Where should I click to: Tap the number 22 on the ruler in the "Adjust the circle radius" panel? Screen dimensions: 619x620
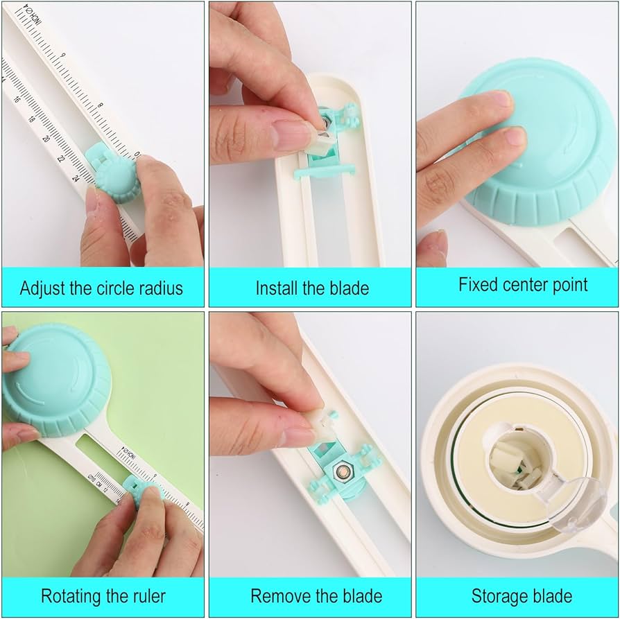[x=62, y=159]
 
